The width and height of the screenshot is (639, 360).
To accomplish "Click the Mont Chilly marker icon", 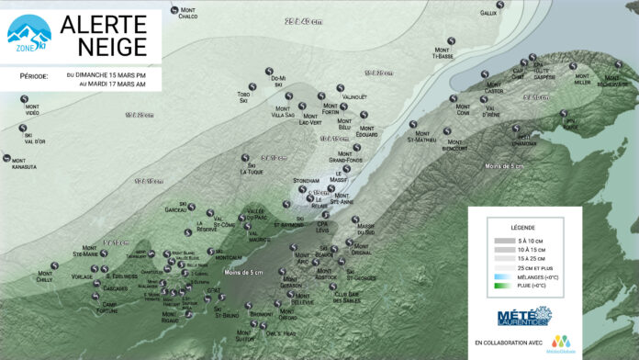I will pos(55,266).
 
